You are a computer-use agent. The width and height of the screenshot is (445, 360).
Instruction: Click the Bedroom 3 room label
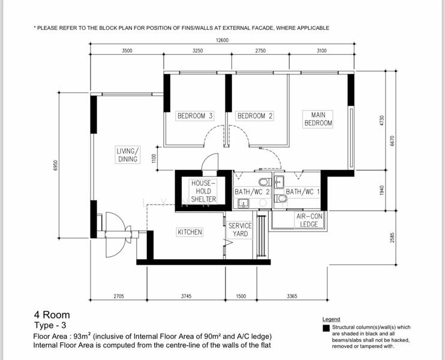tap(195, 116)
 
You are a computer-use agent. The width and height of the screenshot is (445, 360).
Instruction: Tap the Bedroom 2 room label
tap(255, 116)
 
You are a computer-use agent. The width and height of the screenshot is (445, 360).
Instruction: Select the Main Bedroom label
tap(318, 119)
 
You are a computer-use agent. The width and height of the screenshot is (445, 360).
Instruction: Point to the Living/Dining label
tap(128, 155)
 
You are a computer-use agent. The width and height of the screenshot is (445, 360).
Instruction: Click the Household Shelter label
tap(203, 191)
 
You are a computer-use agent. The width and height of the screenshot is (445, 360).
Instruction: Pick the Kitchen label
tap(190, 232)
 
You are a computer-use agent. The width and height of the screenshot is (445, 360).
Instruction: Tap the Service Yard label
tap(240, 230)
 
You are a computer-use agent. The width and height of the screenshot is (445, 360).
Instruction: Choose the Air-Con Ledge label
tap(309, 220)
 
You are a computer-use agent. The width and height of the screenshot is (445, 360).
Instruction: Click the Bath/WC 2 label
tap(252, 192)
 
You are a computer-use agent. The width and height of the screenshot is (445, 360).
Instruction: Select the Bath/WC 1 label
tap(302, 192)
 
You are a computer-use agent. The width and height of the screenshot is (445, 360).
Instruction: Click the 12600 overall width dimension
tap(222, 40)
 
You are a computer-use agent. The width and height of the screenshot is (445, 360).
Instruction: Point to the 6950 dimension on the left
tap(55, 165)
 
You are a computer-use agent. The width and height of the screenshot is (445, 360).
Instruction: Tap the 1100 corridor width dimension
tap(154, 158)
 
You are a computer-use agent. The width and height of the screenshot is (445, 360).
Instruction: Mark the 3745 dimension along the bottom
tap(186, 296)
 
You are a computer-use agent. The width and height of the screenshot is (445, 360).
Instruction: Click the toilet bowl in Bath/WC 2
tap(265, 182)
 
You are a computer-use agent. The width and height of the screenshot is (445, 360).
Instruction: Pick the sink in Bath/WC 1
tap(279, 181)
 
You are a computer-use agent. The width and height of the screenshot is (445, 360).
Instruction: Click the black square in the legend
tap(326, 328)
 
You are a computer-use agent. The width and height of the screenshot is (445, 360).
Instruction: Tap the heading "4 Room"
tap(52, 315)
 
